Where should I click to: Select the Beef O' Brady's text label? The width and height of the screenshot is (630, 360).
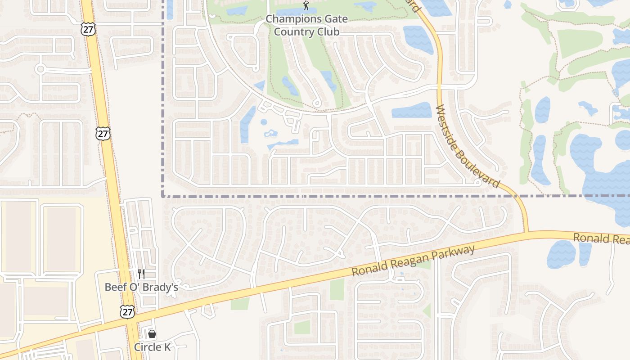141,287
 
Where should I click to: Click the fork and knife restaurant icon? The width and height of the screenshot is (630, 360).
141,274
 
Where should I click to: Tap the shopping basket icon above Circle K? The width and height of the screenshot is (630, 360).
152,334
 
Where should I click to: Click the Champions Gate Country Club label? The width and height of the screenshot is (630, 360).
306,25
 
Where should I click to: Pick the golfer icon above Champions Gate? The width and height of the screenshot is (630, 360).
306,6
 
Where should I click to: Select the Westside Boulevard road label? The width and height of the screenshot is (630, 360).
468,146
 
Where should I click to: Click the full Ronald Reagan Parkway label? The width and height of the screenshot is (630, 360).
413,261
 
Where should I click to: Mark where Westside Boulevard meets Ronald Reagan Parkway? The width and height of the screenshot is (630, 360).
526,233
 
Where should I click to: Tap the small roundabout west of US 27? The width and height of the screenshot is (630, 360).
40,69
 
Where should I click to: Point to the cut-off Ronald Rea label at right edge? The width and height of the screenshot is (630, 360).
601,238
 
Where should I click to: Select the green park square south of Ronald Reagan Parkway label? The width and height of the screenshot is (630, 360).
337,289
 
